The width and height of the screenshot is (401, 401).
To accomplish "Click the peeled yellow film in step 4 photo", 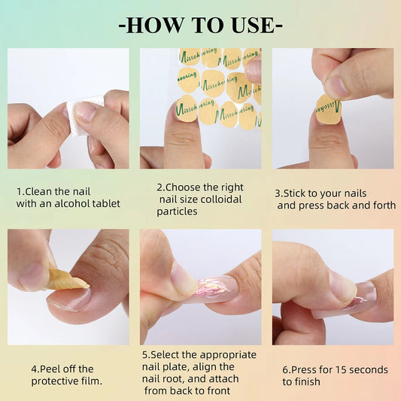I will tap(68, 283).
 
